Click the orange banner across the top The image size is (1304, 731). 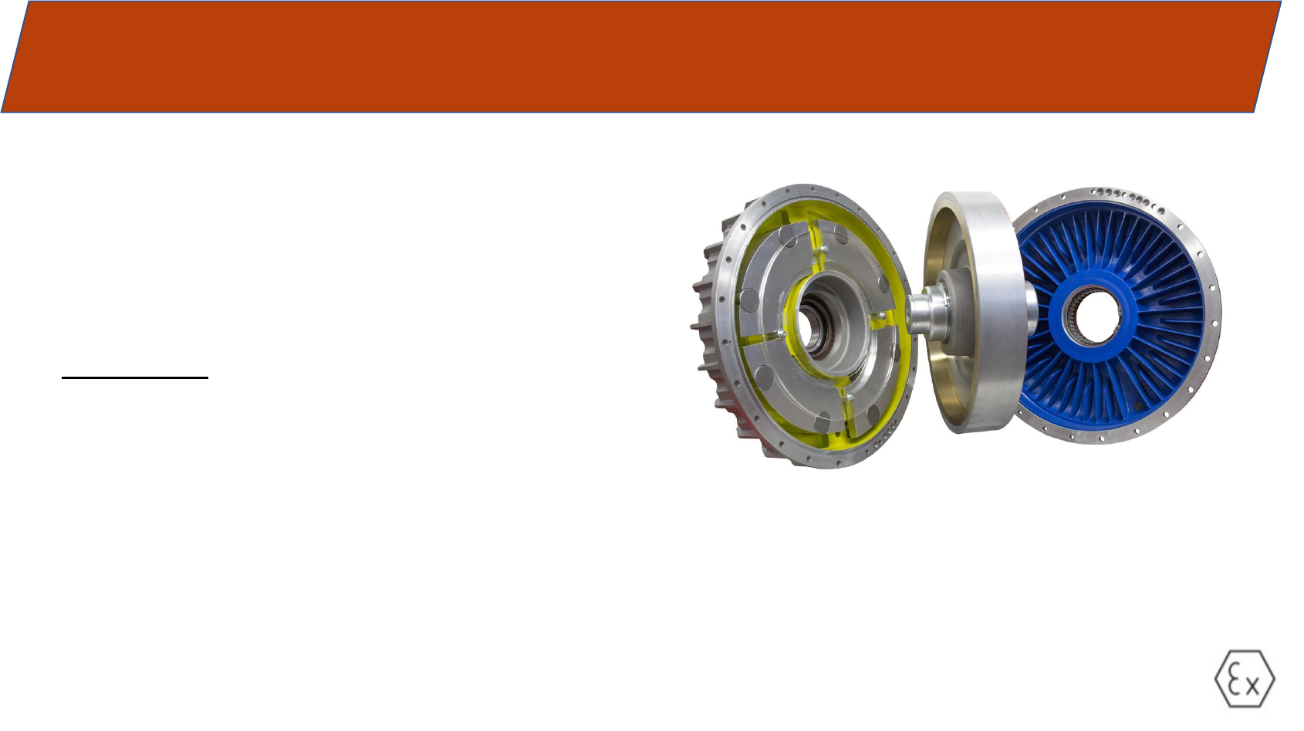coord(640,56)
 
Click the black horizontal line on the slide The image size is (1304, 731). coord(135,378)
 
